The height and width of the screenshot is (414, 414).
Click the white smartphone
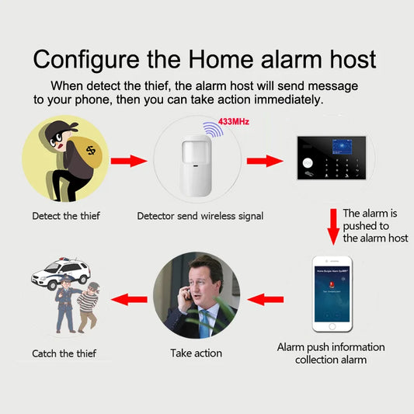click(332, 293)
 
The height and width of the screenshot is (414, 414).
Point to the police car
click(61, 275)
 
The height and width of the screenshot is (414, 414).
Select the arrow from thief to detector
click(128, 162)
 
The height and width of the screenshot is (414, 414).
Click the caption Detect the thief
click(66, 215)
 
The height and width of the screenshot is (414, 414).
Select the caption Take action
click(196, 353)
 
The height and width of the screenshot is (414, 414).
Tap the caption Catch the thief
click(64, 353)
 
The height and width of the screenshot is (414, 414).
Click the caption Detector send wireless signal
click(200, 215)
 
